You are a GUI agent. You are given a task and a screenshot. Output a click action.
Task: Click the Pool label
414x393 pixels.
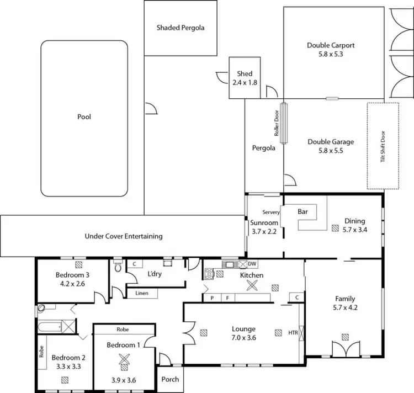(x=84, y=117)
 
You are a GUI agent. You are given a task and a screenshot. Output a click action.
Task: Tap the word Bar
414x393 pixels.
(x=302, y=211)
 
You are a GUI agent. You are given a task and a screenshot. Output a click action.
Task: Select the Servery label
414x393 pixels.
(x=271, y=212)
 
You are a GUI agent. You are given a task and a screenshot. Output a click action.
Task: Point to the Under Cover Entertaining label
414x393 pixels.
(x=124, y=236)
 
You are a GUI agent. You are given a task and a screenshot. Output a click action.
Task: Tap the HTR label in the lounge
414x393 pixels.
(x=293, y=333)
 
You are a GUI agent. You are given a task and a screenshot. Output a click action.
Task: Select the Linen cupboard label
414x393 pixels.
(x=142, y=294)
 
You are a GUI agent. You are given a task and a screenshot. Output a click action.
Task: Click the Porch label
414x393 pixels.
(x=170, y=379)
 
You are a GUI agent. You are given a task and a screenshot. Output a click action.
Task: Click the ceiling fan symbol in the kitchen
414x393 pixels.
(x=253, y=285)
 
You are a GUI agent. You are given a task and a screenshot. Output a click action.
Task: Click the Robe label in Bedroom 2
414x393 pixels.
(x=41, y=352)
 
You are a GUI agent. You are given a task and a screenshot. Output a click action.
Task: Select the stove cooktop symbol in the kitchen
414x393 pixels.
(x=209, y=274)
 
